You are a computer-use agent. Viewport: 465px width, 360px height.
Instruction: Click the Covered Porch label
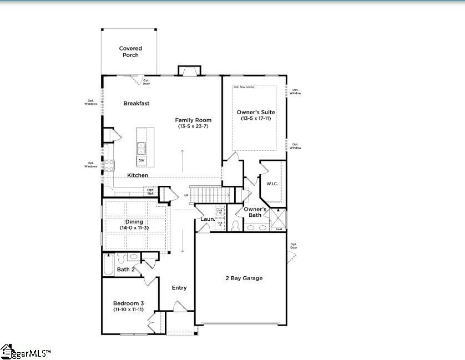pyautogui.click(x=130, y=52)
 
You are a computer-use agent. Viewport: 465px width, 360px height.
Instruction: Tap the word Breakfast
pyautogui.click(x=137, y=103)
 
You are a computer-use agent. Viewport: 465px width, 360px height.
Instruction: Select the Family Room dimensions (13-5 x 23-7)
pyautogui.click(x=194, y=126)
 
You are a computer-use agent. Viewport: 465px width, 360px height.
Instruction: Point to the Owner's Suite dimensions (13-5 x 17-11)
pyautogui.click(x=256, y=119)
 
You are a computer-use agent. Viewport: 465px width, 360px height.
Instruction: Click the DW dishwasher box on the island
pyautogui.click(x=141, y=160)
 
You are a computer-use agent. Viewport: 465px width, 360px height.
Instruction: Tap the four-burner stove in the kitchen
pyautogui.click(x=109, y=165)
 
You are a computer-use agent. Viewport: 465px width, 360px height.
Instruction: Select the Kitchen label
pyautogui.click(x=138, y=175)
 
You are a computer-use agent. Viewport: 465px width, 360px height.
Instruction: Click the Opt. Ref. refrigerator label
pyautogui.click(x=150, y=191)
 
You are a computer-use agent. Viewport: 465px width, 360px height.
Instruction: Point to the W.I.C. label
pyautogui.click(x=272, y=184)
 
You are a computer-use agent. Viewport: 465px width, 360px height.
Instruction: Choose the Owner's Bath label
pyautogui.click(x=256, y=211)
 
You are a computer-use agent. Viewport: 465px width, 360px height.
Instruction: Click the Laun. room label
pyautogui.click(x=208, y=219)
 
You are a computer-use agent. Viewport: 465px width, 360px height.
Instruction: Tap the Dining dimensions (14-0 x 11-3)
pyautogui.click(x=134, y=228)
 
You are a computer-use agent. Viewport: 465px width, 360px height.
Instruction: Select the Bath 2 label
pyautogui.click(x=126, y=270)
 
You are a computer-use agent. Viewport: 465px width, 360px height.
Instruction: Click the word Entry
pyautogui.click(x=179, y=288)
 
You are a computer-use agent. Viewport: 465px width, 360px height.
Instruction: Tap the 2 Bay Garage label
pyautogui.click(x=244, y=278)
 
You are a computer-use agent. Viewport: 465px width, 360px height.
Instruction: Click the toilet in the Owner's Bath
pyautogui.click(x=235, y=225)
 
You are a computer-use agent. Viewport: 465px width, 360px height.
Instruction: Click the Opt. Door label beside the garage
pyautogui.click(x=294, y=246)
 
